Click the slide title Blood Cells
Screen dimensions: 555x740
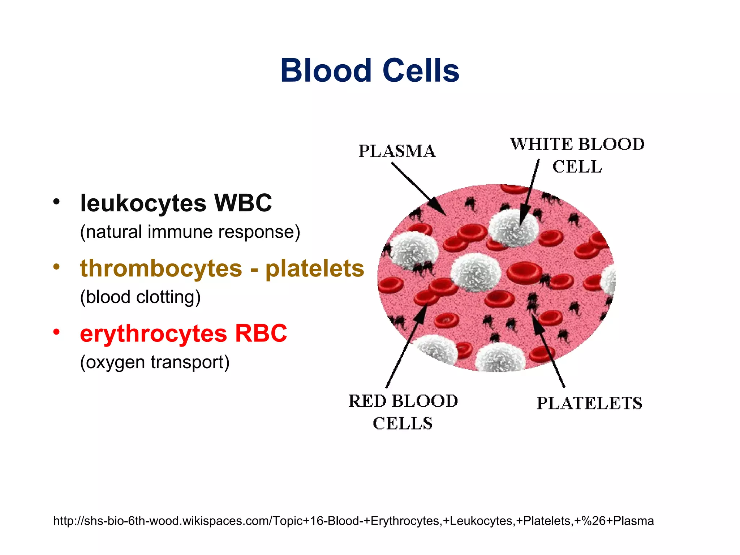(x=370, y=70)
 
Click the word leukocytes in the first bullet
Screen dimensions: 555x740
(x=143, y=203)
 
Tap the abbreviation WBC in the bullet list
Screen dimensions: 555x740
(x=243, y=203)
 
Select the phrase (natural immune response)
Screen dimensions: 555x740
(x=190, y=232)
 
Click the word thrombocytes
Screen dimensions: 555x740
(x=161, y=268)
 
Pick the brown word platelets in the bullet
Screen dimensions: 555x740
(x=315, y=268)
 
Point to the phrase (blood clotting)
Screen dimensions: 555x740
(x=140, y=297)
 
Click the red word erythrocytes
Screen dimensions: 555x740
(x=153, y=333)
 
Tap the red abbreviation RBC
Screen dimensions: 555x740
(x=261, y=333)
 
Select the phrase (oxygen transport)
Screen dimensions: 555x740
(x=155, y=362)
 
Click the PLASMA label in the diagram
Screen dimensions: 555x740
(x=397, y=151)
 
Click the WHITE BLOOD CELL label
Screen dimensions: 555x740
(x=577, y=155)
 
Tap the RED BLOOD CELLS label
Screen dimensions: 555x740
(x=403, y=412)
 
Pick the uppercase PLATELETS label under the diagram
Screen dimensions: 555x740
(x=589, y=403)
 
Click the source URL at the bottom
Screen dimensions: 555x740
(x=353, y=521)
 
